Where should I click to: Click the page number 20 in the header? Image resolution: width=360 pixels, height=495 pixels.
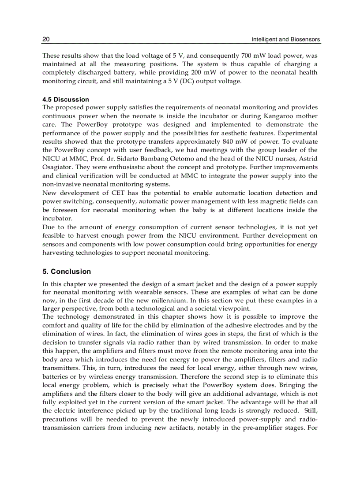click(46, 40)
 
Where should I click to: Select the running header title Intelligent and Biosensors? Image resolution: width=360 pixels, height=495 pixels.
click(286, 40)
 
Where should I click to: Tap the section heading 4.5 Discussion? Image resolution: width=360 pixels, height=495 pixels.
click(66, 99)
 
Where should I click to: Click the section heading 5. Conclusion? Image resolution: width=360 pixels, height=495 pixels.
click(67, 272)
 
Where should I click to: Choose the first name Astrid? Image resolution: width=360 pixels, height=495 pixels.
click(308, 159)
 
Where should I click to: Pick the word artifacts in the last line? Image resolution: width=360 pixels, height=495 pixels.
click(192, 427)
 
